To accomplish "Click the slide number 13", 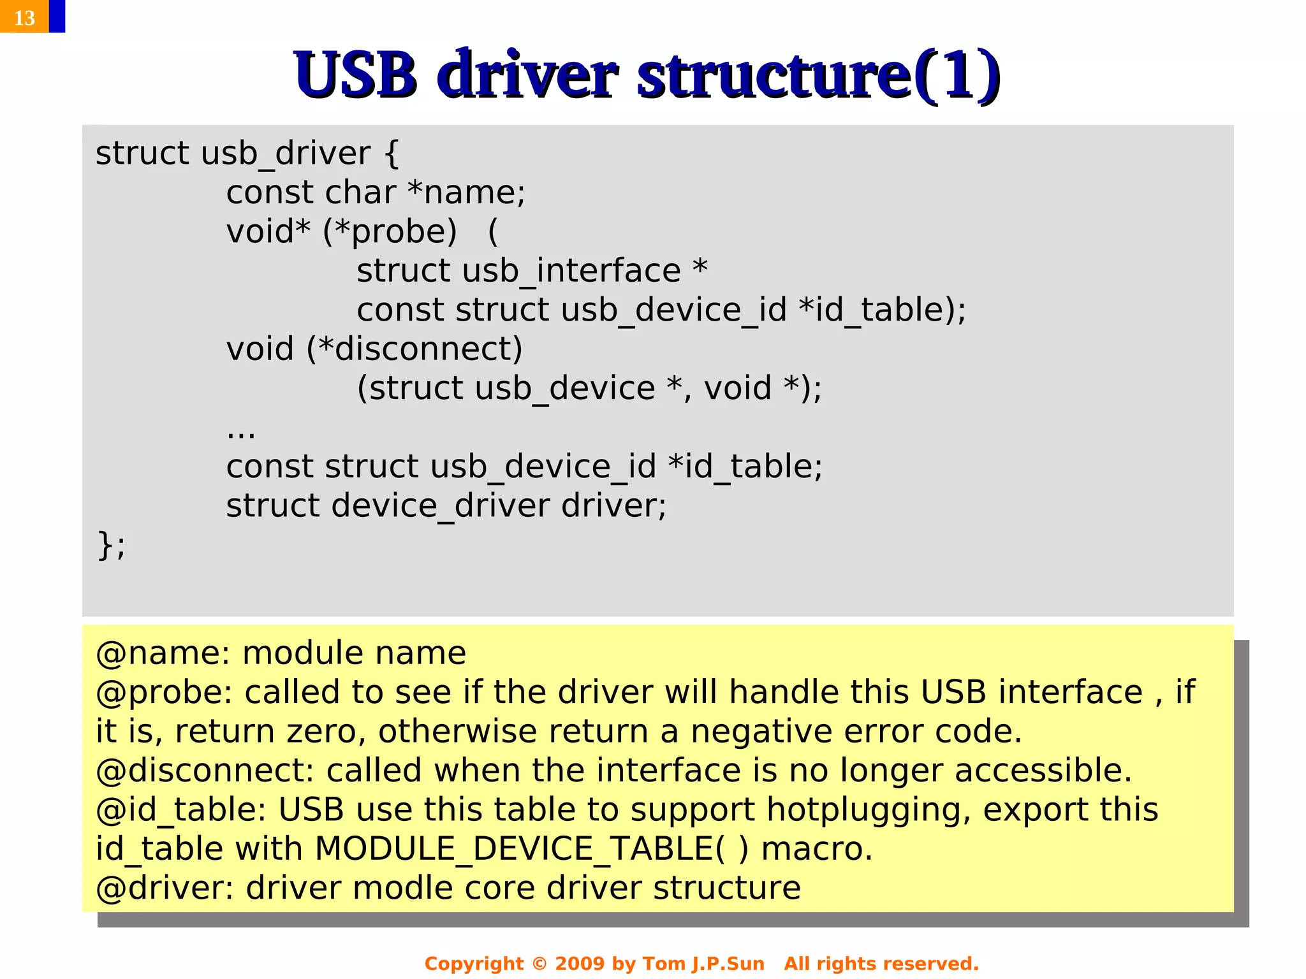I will pyautogui.click(x=24, y=17).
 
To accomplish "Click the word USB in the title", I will pyautogui.click(x=355, y=75).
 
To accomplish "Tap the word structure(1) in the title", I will pyautogui.click(x=818, y=75).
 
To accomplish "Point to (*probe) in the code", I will pyautogui.click(x=390, y=232).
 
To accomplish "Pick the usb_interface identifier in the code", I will pyautogui.click(x=571, y=272).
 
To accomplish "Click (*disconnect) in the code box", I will pyautogui.click(x=415, y=349).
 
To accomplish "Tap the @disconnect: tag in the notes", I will pyautogui.click(x=205, y=771).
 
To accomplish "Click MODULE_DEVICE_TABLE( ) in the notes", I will pyautogui.click(x=531, y=850).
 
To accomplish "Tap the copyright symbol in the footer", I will pyautogui.click(x=539, y=964).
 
